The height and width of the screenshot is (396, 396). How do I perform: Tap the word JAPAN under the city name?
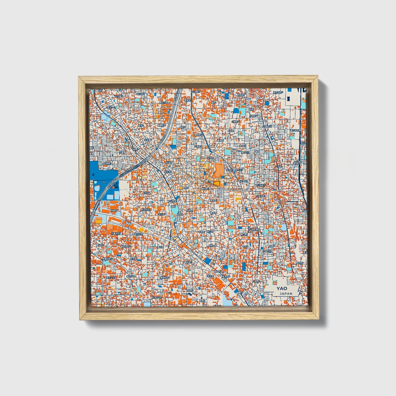[x=286, y=294]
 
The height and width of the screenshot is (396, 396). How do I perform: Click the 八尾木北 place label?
[x=267, y=251]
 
